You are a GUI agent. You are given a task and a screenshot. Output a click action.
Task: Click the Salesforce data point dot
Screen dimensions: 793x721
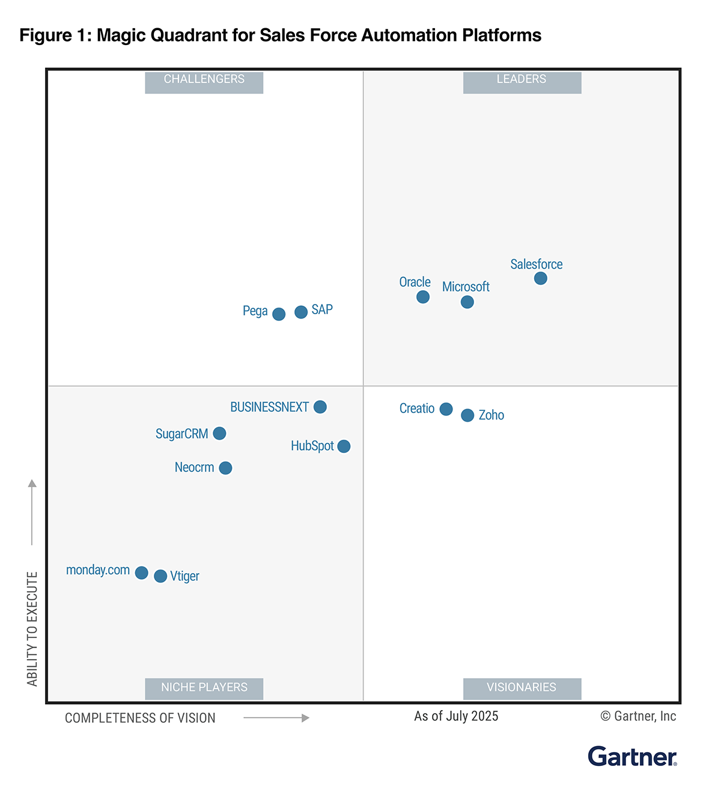coord(541,278)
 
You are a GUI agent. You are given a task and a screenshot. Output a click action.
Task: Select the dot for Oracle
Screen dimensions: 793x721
coord(423,297)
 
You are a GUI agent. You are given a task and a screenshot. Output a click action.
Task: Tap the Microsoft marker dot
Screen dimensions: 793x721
coord(467,302)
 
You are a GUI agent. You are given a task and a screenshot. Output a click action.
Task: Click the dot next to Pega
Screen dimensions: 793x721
coord(279,314)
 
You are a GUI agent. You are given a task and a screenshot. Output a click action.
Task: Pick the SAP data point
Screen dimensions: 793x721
coord(301,312)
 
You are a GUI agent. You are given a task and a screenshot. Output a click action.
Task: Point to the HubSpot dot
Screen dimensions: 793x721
coord(344,446)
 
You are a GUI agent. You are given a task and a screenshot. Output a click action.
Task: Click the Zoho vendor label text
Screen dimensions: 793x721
coord(491,415)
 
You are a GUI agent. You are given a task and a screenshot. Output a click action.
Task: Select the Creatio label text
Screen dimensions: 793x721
coord(417,409)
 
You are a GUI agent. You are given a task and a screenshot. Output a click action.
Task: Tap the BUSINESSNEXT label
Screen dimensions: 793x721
coord(269,407)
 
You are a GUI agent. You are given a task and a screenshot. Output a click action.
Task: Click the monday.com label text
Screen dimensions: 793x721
coord(98,570)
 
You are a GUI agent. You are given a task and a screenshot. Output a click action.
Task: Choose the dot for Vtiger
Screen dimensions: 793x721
coord(160,576)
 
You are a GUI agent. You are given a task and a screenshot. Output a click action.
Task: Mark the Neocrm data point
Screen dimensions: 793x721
coord(225,468)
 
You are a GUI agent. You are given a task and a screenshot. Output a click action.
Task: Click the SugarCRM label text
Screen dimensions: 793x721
coord(181,434)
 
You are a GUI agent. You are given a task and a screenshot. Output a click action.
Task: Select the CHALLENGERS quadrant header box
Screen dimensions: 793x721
coord(204,82)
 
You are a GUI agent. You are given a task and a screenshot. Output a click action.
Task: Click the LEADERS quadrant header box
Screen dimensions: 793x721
coord(522,82)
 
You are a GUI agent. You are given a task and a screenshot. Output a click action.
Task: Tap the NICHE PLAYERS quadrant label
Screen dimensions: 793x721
coord(204,688)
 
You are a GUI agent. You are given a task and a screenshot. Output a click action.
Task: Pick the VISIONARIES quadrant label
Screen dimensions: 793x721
coord(522,688)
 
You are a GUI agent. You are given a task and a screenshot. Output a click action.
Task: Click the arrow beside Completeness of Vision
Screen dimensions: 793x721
coord(276,718)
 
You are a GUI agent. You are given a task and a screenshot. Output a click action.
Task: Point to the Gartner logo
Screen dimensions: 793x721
coord(632,756)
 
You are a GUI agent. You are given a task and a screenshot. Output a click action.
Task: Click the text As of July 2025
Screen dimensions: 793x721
coord(456,716)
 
